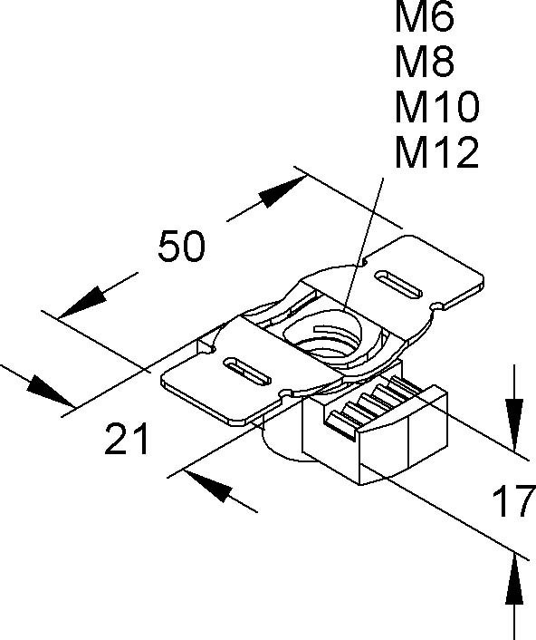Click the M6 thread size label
pyautogui.click(x=424, y=17)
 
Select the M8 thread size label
pyautogui.click(x=424, y=63)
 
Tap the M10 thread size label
pyautogui.click(x=437, y=108)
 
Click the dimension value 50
pyautogui.click(x=181, y=247)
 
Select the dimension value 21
pyautogui.click(x=127, y=439)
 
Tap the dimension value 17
pyautogui.click(x=514, y=500)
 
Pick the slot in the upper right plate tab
pyautogui.click(x=398, y=284)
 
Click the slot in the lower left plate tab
pyautogui.click(x=248, y=371)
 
